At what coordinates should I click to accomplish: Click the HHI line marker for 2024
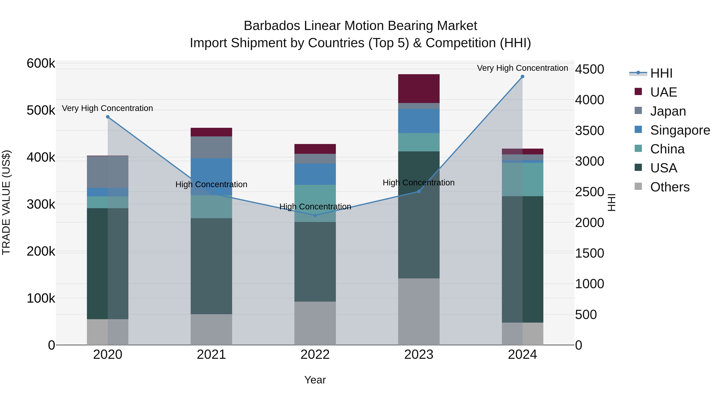tap(522, 77)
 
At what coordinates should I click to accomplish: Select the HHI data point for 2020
tap(108, 117)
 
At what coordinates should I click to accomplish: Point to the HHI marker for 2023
tap(419, 191)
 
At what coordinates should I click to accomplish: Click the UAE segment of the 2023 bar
tap(419, 89)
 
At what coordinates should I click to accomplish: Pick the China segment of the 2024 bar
tap(522, 179)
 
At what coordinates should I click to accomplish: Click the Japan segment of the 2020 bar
tap(108, 172)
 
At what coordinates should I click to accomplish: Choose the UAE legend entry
tap(663, 92)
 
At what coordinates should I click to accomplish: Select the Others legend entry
tap(670, 187)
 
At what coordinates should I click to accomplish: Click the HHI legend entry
tap(661, 73)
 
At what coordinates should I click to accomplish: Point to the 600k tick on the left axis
tap(41, 63)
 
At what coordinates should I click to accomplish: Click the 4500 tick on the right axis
tap(589, 69)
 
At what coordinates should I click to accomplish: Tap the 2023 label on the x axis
tap(419, 355)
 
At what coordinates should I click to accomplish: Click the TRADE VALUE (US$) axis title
tap(6, 202)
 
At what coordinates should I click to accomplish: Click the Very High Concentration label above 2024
tap(522, 68)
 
